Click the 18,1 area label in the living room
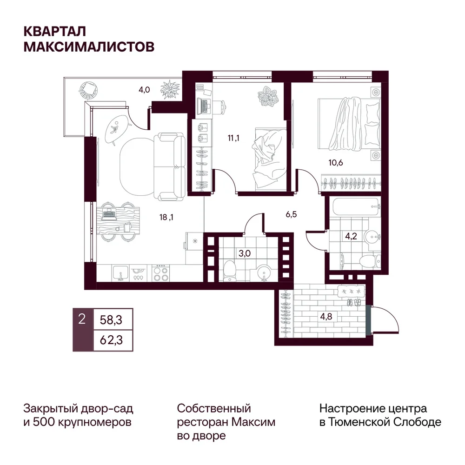pyautogui.click(x=166, y=217)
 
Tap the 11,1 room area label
pyautogui.click(x=233, y=138)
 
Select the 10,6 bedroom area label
pyautogui.click(x=336, y=162)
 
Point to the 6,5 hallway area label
pyautogui.click(x=291, y=214)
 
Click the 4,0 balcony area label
pyautogui.click(x=144, y=90)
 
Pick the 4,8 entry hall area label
pyautogui.click(x=326, y=317)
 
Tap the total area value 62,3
pyautogui.click(x=111, y=340)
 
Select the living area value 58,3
pyautogui.click(x=111, y=320)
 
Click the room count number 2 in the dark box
pyautogui.click(x=82, y=319)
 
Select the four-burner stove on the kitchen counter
pyautogui.click(x=160, y=273)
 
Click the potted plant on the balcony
pyautogui.click(x=170, y=90)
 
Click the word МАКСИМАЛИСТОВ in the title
pyautogui.click(x=89, y=47)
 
